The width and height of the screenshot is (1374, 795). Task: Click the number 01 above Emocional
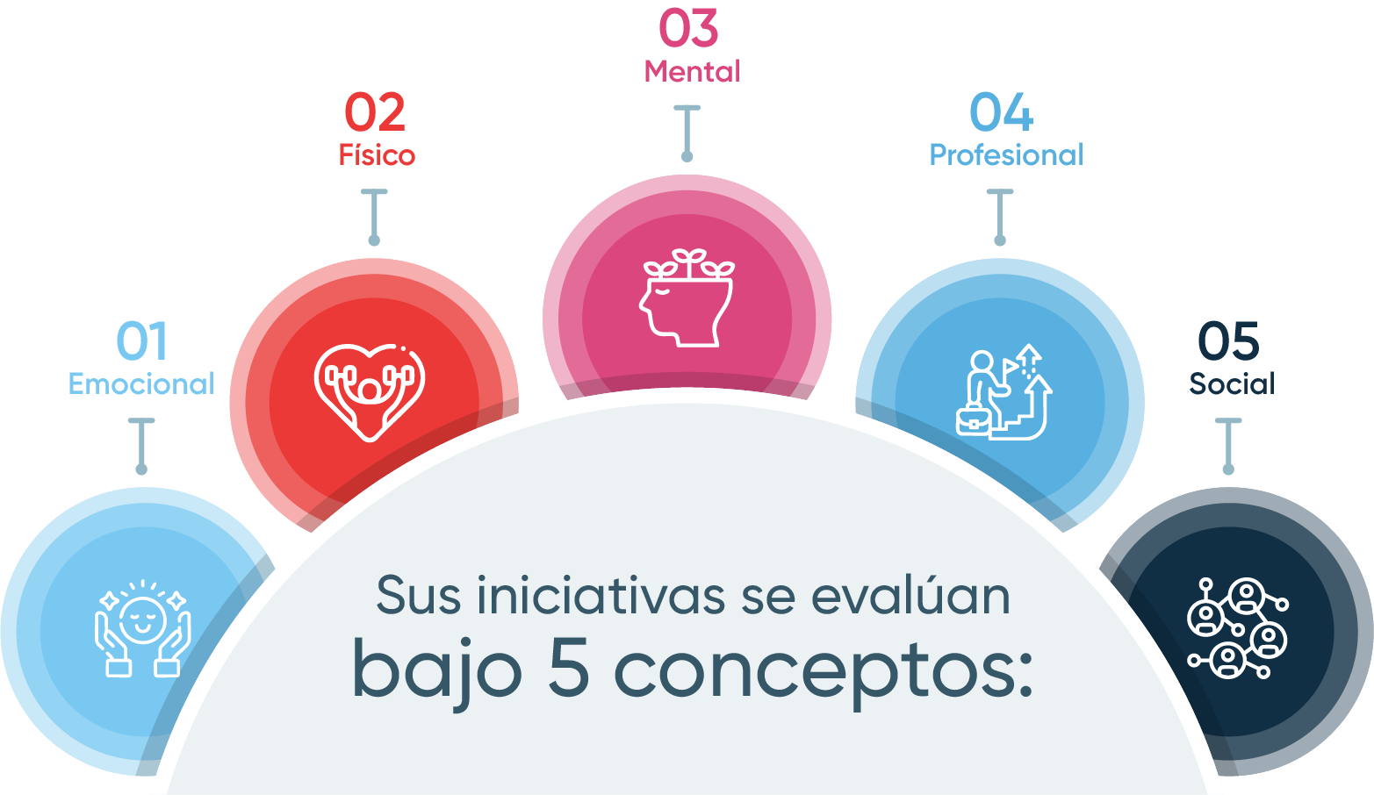point(141,340)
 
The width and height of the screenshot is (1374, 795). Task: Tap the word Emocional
point(141,384)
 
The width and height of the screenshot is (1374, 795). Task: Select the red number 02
point(375,112)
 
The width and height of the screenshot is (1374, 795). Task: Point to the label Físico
point(377,154)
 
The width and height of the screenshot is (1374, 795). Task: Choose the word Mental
point(692,71)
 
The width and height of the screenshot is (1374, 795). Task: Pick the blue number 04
point(1002,112)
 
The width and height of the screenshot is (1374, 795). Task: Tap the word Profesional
point(1007,154)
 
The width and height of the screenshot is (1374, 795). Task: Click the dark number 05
point(1228,340)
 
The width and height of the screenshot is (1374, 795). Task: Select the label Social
point(1232,383)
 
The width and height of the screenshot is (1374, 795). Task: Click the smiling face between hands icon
point(143,628)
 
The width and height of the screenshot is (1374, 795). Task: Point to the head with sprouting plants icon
point(687,297)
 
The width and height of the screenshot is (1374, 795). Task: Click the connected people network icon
point(1238,628)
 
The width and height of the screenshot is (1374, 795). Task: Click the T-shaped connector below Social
point(1228,447)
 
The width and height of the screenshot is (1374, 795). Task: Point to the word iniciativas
point(601,595)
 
